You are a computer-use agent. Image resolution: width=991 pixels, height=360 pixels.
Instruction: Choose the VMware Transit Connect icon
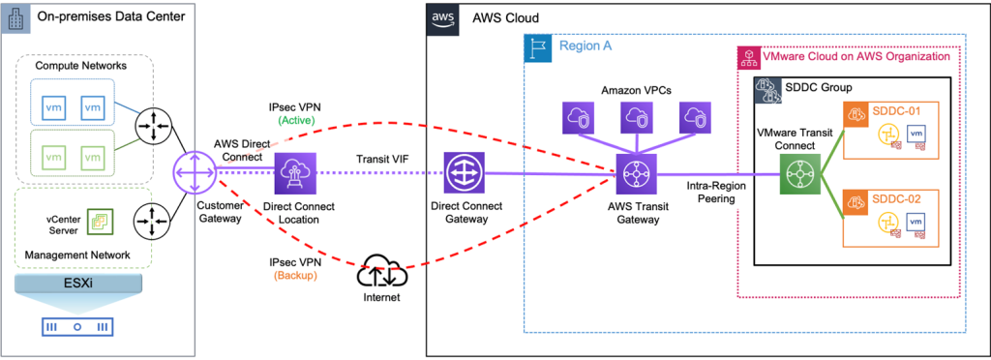pos(799,175)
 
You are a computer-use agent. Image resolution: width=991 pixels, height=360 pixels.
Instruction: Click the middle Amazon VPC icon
pos(637,117)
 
